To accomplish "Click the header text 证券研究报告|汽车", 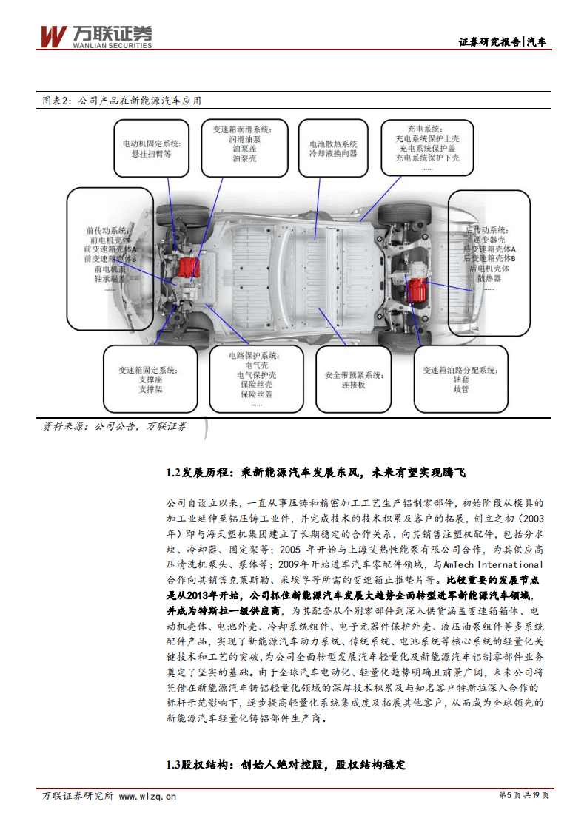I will click(503, 41).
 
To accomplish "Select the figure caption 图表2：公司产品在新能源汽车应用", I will click(121, 101).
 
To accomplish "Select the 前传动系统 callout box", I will click(110, 249).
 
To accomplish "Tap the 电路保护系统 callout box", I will click(255, 379).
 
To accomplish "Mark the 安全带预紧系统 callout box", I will click(354, 379).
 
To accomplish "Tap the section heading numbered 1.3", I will click(286, 764).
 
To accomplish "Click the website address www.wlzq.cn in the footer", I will click(147, 796).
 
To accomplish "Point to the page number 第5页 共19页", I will click(524, 795).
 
